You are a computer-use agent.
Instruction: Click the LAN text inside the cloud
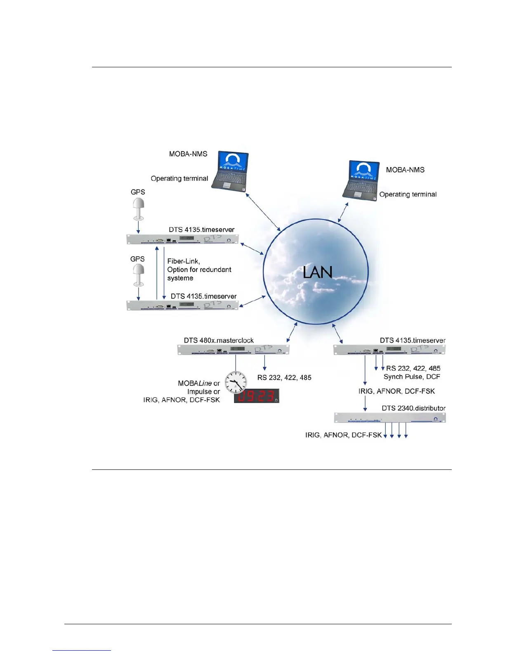(x=317, y=272)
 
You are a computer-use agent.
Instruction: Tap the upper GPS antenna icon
(x=139, y=209)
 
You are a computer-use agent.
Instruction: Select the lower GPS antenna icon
(x=139, y=275)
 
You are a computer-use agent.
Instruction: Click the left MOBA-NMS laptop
(x=230, y=171)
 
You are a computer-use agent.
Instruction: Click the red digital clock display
(x=257, y=396)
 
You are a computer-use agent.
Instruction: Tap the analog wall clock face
(x=236, y=382)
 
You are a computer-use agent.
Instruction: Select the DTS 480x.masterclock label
(x=219, y=340)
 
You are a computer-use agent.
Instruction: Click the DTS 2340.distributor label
(x=413, y=408)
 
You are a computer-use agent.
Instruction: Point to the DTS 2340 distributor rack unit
(x=389, y=418)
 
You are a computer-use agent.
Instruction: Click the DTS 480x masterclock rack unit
(x=233, y=350)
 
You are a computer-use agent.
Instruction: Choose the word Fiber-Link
(x=184, y=261)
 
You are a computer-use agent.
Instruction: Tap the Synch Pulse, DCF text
(x=412, y=377)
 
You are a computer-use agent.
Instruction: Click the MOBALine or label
(x=199, y=383)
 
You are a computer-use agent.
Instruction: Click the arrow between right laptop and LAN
(x=343, y=212)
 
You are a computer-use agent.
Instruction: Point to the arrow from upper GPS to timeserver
(x=138, y=227)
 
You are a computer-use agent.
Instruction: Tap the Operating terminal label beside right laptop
(x=408, y=194)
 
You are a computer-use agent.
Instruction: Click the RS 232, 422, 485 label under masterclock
(x=284, y=377)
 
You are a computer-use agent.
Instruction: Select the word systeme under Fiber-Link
(x=180, y=278)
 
